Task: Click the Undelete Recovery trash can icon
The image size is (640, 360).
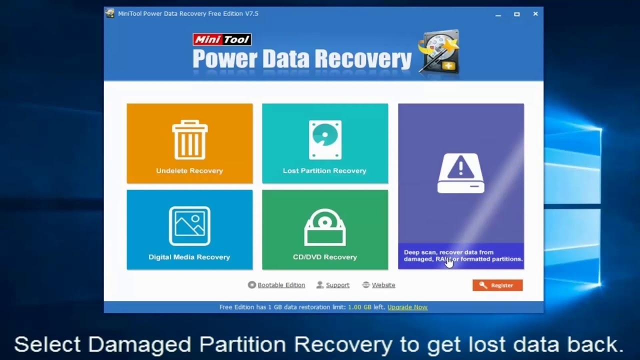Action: point(189,140)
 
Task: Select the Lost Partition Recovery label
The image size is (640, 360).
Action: point(324,171)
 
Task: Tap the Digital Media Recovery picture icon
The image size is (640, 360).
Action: point(189,226)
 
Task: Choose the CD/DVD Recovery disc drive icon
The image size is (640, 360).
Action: point(325,227)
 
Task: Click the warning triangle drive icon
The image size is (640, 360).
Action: point(461,173)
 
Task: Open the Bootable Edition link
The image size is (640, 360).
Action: point(281,285)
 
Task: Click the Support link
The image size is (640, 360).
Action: point(337,285)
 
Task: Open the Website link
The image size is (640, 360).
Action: point(383,285)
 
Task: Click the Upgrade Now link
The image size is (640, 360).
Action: point(407,307)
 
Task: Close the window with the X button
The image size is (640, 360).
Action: point(535,14)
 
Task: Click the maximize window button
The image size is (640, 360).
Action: point(517,14)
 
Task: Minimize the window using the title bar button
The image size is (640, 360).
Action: point(498,14)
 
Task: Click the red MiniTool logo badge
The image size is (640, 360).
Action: point(222,39)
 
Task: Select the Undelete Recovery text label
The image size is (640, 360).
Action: point(189,171)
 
